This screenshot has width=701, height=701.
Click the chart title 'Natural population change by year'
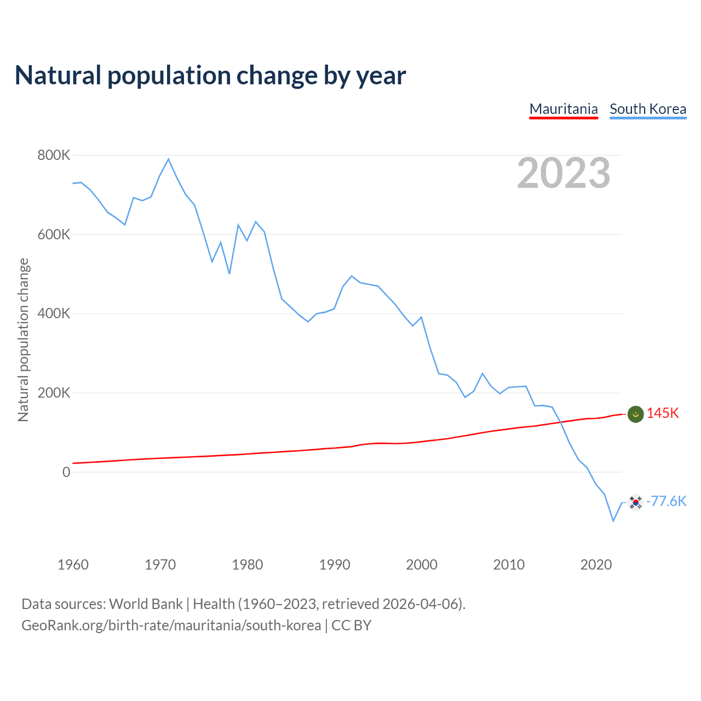click(x=210, y=76)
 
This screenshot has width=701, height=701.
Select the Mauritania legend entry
click(x=564, y=109)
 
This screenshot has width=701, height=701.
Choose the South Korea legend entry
click(x=648, y=109)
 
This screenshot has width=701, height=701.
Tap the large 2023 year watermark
click(x=564, y=173)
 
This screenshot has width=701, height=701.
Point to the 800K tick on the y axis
click(x=54, y=156)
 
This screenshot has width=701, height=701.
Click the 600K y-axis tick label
click(x=54, y=234)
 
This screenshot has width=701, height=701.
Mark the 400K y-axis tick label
click(x=54, y=314)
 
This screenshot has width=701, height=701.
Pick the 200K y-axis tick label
click(x=54, y=393)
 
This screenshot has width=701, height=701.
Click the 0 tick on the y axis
click(x=66, y=472)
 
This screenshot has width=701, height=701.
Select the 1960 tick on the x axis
click(x=73, y=565)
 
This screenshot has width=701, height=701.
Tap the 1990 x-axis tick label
click(x=335, y=565)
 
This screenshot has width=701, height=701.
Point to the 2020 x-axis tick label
click(x=596, y=565)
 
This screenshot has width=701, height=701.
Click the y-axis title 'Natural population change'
click(x=24, y=340)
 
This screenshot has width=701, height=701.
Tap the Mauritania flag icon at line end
click(x=635, y=415)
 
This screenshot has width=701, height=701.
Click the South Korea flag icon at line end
click(x=635, y=502)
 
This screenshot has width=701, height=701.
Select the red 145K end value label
click(x=663, y=413)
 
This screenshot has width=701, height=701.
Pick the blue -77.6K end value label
click(x=666, y=502)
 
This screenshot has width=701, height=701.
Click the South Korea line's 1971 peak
click(x=169, y=159)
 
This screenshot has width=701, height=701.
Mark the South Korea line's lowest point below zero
click(x=613, y=521)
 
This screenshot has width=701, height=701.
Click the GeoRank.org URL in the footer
click(x=171, y=625)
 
